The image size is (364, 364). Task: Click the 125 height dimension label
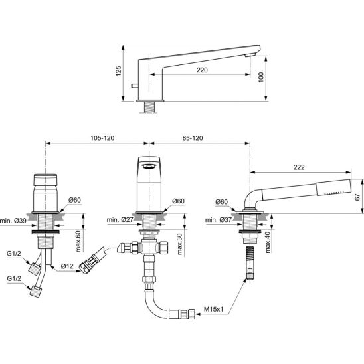pyautogui.click(x=118, y=71)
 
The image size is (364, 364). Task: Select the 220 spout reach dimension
pyautogui.click(x=202, y=70)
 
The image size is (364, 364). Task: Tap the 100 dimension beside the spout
pyautogui.click(x=261, y=77)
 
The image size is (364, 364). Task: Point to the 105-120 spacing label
pyautogui.click(x=102, y=138)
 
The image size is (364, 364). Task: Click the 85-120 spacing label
pyautogui.click(x=193, y=138)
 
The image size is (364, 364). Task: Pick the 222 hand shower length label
pyautogui.click(x=299, y=167)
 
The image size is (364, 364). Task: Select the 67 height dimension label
pyautogui.click(x=358, y=197)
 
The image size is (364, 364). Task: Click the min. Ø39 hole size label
pyautogui.click(x=13, y=221)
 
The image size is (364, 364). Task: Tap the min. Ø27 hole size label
pyautogui.click(x=120, y=219)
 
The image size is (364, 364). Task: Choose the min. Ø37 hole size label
pyautogui.click(x=219, y=219)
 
